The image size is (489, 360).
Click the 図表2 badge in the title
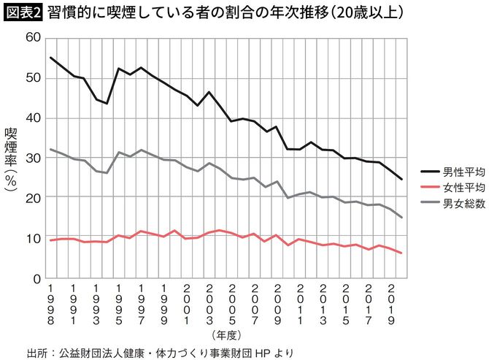click(23, 13)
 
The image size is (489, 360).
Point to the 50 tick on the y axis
click(33, 78)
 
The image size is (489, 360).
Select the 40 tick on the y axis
click(33, 118)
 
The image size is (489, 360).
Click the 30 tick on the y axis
click(33, 158)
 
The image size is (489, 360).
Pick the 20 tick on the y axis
click(33, 198)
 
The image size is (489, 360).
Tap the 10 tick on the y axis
click(33, 238)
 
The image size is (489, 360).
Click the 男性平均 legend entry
click(443, 173)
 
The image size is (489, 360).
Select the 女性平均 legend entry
click(443, 187)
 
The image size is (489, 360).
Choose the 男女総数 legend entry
click(443, 202)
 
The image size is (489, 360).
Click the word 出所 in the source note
click(36, 352)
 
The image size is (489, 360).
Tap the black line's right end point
click(401, 180)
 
